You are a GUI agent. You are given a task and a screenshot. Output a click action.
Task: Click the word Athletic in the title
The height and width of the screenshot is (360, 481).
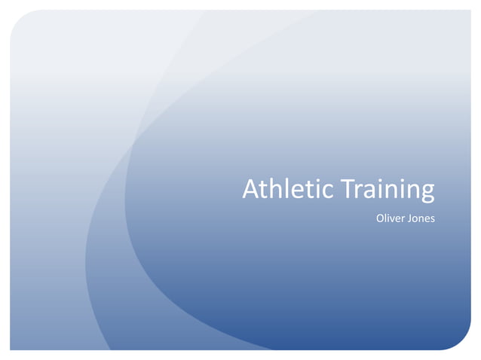[287, 190]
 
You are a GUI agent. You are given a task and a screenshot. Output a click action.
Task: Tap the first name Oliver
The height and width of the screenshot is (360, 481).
[389, 219]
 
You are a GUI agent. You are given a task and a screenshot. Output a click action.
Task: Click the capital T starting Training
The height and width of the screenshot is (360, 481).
[348, 190]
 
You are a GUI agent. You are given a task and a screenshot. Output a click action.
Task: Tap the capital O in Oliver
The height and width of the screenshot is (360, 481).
[380, 219]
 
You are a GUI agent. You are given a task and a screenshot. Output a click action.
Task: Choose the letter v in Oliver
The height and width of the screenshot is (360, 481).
[394, 220]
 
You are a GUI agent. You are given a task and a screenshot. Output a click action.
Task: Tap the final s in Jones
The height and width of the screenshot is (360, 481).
[433, 220]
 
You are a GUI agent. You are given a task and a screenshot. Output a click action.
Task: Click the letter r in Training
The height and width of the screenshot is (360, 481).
[359, 192]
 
